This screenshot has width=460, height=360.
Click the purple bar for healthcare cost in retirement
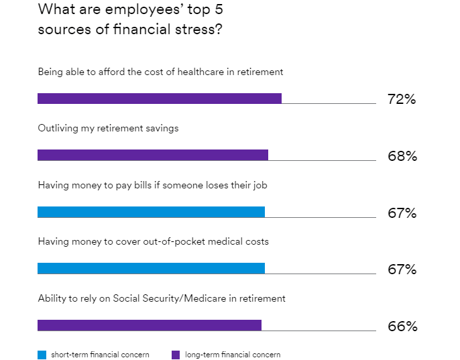click(x=159, y=99)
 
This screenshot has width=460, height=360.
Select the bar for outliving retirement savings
click(x=152, y=155)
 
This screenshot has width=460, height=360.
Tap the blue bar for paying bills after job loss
click(x=151, y=212)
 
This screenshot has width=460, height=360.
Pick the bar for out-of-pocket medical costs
click(x=151, y=268)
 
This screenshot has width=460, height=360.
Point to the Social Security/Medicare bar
click(x=149, y=325)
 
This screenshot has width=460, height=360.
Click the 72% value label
click(x=402, y=99)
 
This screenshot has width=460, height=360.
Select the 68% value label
click(x=402, y=156)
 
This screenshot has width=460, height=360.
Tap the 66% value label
click(x=402, y=326)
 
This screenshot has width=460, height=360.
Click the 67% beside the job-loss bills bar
click(x=402, y=213)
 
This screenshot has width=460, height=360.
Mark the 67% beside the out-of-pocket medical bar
click(x=402, y=269)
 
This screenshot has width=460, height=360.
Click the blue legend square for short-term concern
click(x=42, y=355)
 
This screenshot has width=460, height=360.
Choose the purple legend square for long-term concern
click(x=176, y=355)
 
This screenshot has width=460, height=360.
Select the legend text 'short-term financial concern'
click(x=100, y=355)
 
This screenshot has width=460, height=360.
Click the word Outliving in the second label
click(x=59, y=128)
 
